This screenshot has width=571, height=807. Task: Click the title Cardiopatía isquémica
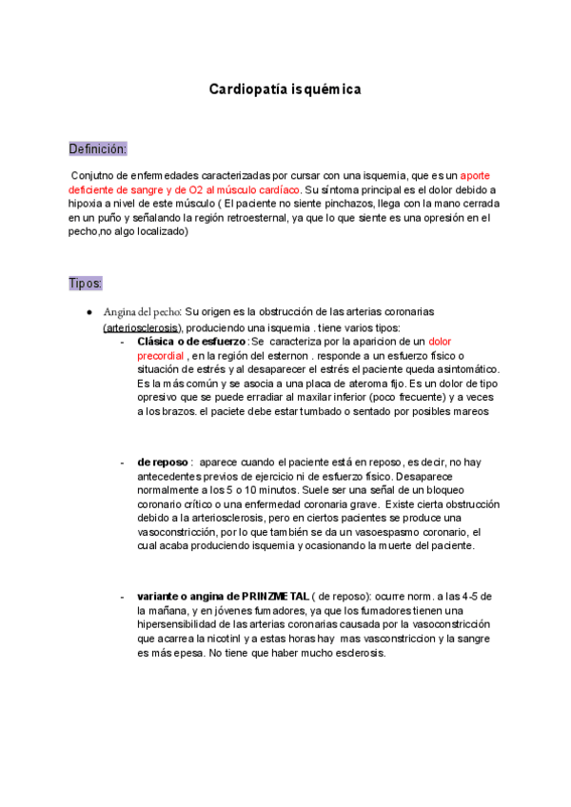[285, 89]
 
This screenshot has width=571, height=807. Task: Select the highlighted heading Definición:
[97, 149]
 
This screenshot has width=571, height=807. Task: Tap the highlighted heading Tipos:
[85, 284]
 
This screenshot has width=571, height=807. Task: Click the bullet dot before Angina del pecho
[89, 312]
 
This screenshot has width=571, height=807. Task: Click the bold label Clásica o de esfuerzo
[190, 341]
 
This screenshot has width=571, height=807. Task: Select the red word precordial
[162, 355]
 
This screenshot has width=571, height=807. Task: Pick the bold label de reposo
[163, 461]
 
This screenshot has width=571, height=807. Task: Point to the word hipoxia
[89, 204]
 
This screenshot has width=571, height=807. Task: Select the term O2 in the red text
[190, 190]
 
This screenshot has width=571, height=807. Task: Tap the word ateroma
[355, 384]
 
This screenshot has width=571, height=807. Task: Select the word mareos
[469, 412]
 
